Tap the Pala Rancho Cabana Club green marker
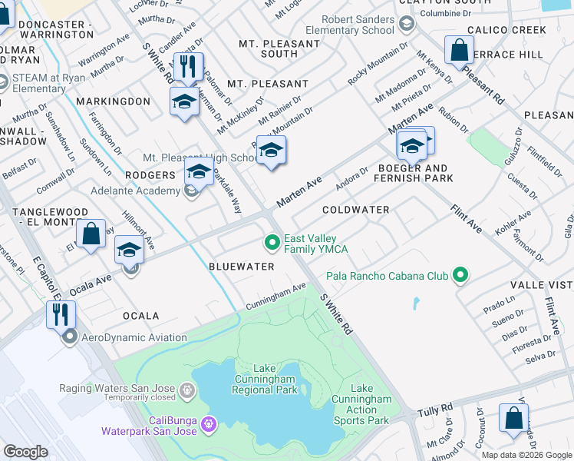click(x=460, y=274)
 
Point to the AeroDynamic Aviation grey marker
click(x=70, y=337)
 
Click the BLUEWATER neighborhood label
click(x=242, y=267)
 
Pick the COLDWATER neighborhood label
click(x=356, y=210)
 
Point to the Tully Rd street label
click(x=435, y=410)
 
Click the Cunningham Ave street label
click(x=275, y=297)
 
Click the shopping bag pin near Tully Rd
click(x=513, y=418)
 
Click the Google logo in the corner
click(x=26, y=451)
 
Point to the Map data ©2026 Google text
click(x=526, y=455)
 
